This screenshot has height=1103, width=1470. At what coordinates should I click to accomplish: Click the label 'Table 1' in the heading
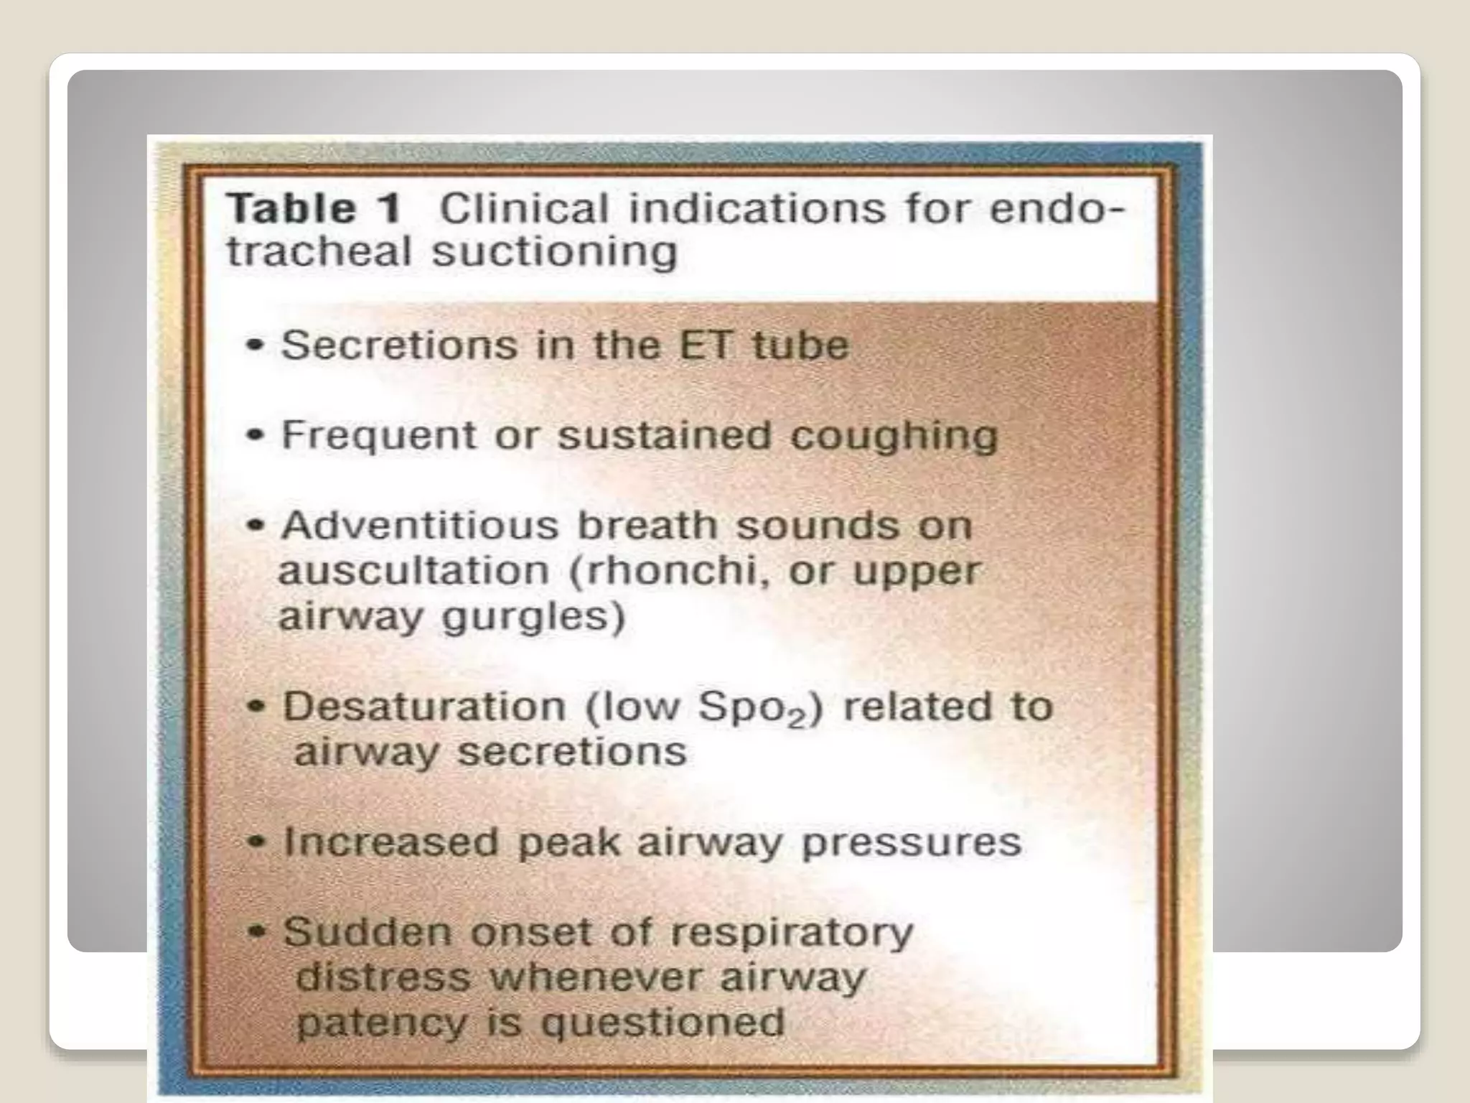[x=314, y=209]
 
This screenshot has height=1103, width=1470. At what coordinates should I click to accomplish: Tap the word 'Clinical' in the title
[x=524, y=209]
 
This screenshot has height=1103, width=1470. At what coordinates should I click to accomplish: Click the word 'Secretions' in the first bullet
[x=398, y=345]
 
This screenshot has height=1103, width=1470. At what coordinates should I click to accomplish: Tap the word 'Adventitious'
[x=420, y=526]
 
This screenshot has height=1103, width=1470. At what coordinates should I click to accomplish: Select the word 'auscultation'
[x=413, y=572]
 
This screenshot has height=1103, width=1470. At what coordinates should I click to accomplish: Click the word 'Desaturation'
[x=424, y=707]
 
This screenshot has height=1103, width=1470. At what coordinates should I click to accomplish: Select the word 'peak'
[x=568, y=842]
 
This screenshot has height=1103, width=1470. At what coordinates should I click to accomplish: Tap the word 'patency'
[x=380, y=1023]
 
